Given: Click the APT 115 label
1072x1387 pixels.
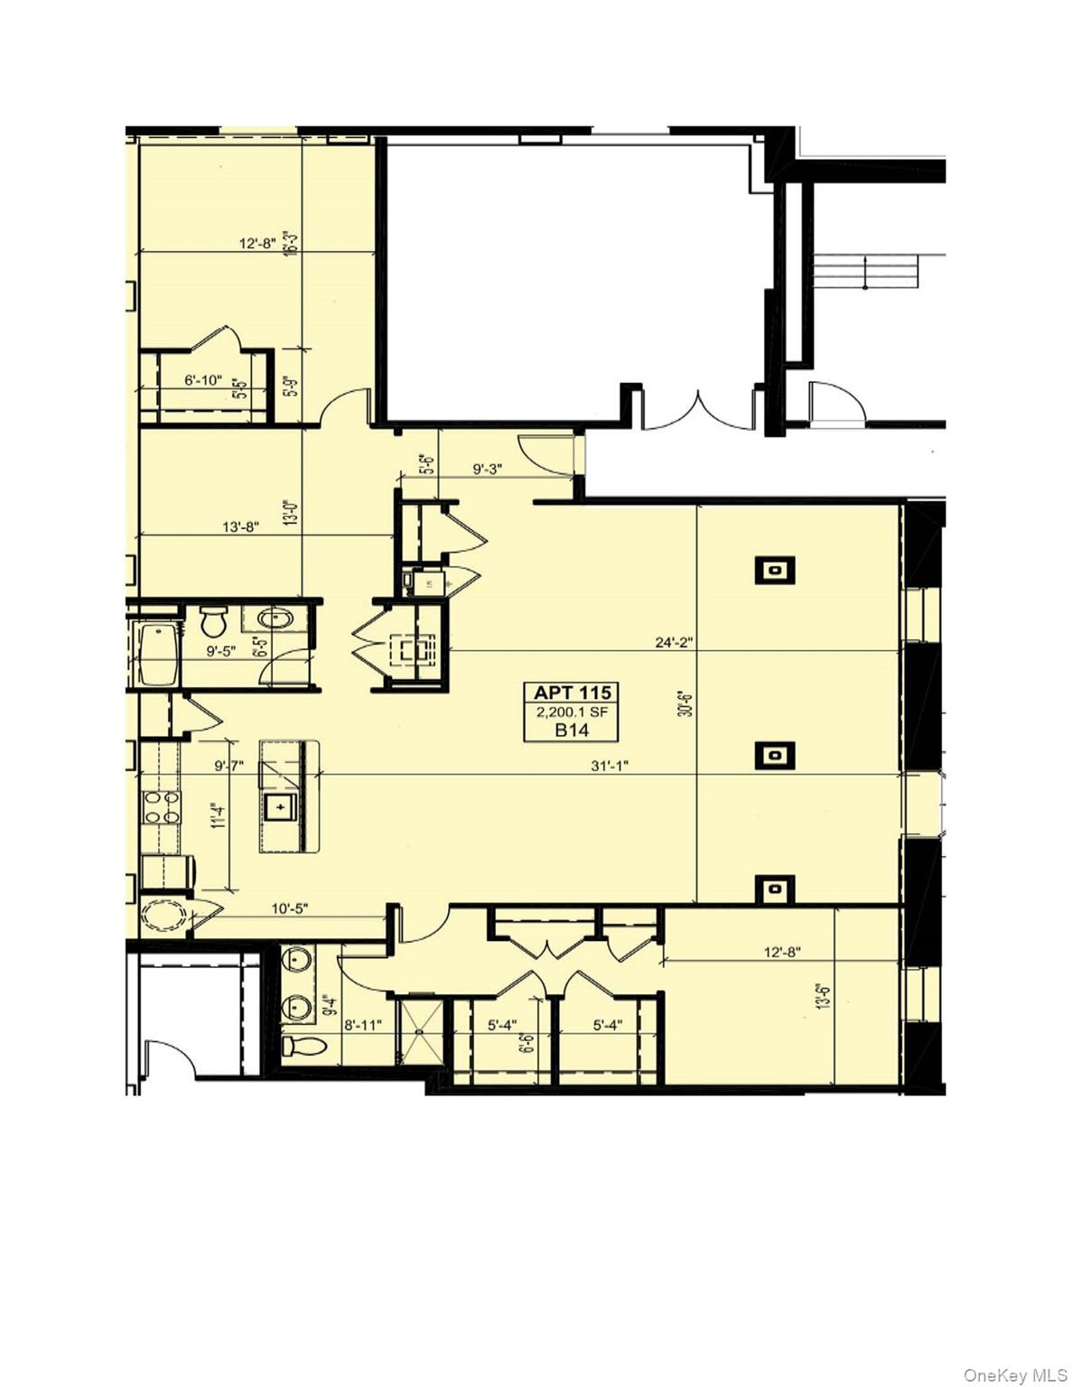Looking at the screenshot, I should (x=573, y=693).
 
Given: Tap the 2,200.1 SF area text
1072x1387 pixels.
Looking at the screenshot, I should (x=573, y=712).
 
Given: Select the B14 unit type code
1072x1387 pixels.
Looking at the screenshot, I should (x=573, y=730).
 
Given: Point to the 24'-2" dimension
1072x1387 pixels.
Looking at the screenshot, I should (x=674, y=643).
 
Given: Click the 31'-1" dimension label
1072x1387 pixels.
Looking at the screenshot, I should (x=610, y=766).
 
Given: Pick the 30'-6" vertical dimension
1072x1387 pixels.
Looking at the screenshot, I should (x=687, y=698).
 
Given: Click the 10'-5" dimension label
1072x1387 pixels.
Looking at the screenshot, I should (x=291, y=908).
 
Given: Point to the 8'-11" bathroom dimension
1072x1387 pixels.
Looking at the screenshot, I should (x=364, y=1025).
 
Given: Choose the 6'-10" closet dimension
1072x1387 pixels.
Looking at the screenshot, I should (x=203, y=380).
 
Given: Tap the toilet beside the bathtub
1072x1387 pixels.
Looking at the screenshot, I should (x=214, y=620).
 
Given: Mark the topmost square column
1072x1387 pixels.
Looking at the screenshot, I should (x=775, y=571).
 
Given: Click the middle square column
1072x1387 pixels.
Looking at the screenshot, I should (x=775, y=755).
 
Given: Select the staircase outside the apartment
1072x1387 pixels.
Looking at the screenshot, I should (x=865, y=271).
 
